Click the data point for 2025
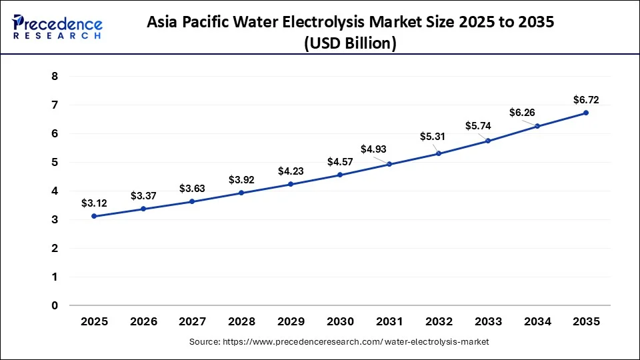coord(95,216)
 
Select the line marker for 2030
coord(340,175)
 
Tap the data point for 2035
coord(586,113)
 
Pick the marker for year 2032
coord(439,153)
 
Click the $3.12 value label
coord(95,203)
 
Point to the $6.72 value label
coord(586,100)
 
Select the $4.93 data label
coord(374,149)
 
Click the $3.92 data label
coord(242,179)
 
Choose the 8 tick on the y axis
coord(55,77)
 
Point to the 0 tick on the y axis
coord(55,305)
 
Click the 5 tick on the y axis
coord(55,162)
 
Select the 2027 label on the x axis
coord(193,321)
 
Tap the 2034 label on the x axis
coord(537,321)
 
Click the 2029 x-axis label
coord(291,321)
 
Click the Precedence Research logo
coord(57,27)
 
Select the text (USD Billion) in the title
coord(349,43)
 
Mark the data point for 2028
coord(242,193)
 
